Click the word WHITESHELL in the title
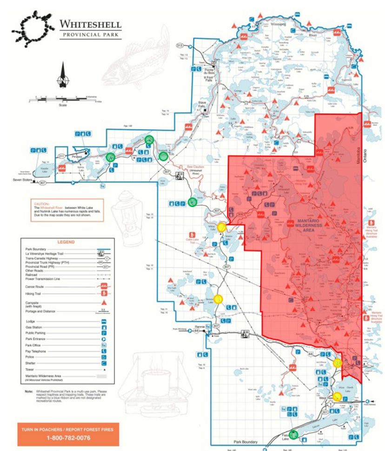90,24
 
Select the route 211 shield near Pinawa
60,156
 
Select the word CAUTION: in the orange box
41,204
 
